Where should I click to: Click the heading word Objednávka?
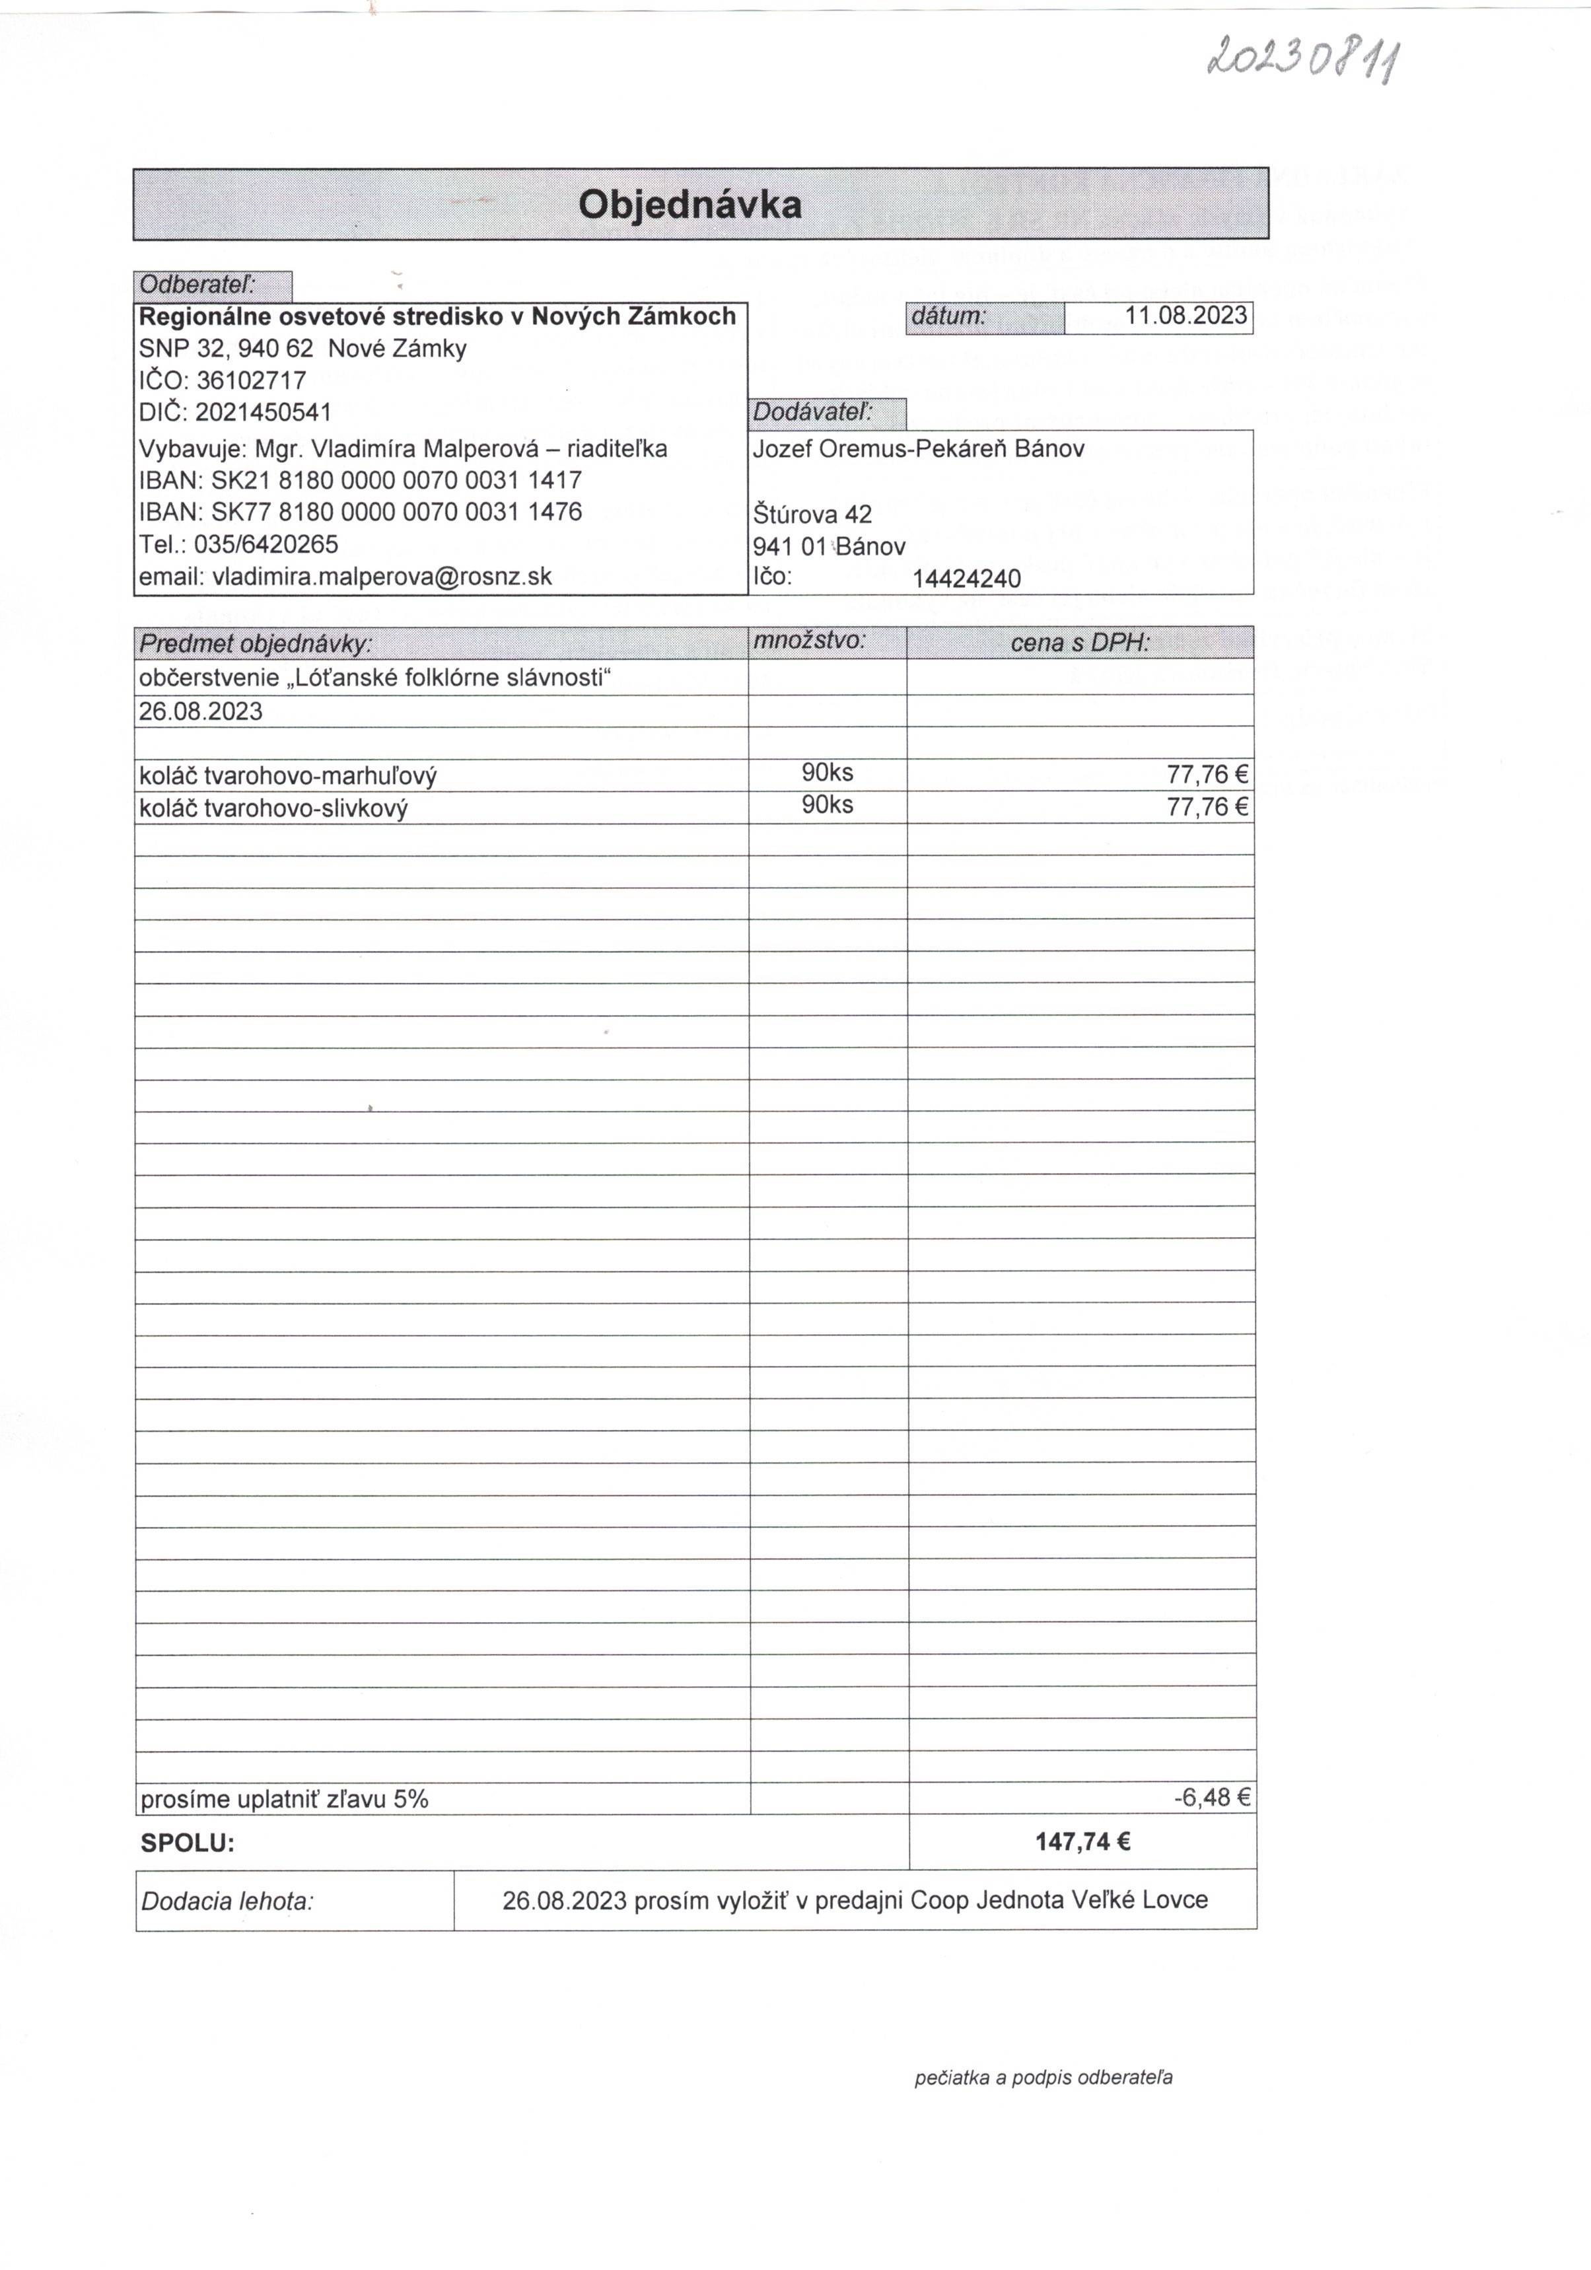[689, 205]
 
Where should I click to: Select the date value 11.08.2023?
[1185, 316]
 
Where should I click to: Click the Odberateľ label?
[197, 286]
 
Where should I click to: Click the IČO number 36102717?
[251, 380]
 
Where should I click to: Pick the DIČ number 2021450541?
[263, 412]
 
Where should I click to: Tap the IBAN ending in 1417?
[396, 481]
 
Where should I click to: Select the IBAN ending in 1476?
[396, 512]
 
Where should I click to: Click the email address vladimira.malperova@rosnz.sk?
[382, 577]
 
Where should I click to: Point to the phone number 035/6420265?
[266, 545]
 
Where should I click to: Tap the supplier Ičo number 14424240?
[966, 579]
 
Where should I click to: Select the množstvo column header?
[809, 641]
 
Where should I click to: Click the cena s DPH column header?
[1080, 643]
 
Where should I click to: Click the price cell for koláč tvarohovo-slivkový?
[1207, 807]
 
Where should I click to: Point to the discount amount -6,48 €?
[1211, 1797]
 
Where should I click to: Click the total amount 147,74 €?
[1082, 1841]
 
